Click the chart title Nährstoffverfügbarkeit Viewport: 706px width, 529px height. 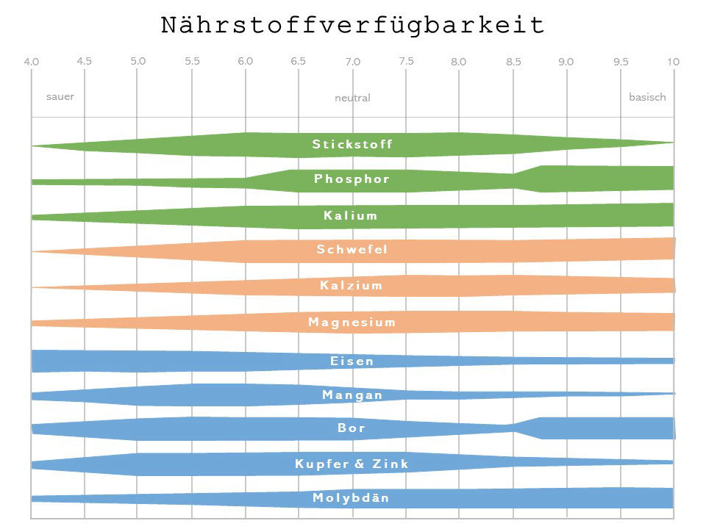click(x=352, y=26)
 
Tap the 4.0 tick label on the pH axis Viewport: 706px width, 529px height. click(x=31, y=62)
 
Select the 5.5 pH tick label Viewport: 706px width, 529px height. click(x=193, y=62)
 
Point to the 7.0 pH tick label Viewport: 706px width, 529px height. click(x=352, y=62)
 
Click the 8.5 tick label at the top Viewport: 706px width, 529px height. click(x=513, y=62)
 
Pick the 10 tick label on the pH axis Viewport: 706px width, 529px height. click(x=673, y=62)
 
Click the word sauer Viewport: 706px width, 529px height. click(x=60, y=96)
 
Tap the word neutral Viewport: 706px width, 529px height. click(x=352, y=98)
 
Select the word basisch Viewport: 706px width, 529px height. click(x=647, y=97)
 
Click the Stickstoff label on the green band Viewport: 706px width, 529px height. click(x=352, y=144)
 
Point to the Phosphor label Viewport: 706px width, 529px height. click(x=352, y=179)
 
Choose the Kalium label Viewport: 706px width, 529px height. click(x=351, y=215)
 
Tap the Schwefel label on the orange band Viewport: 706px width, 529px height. click(x=352, y=250)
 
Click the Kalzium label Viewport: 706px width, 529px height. click(x=352, y=285)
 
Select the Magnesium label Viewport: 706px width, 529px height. click(x=352, y=322)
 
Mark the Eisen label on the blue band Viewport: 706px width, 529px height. click(x=352, y=361)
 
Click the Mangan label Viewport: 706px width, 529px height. click(x=352, y=395)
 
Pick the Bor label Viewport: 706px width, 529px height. click(x=352, y=428)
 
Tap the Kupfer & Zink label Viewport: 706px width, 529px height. click(x=352, y=464)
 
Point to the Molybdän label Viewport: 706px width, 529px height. click(x=351, y=498)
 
